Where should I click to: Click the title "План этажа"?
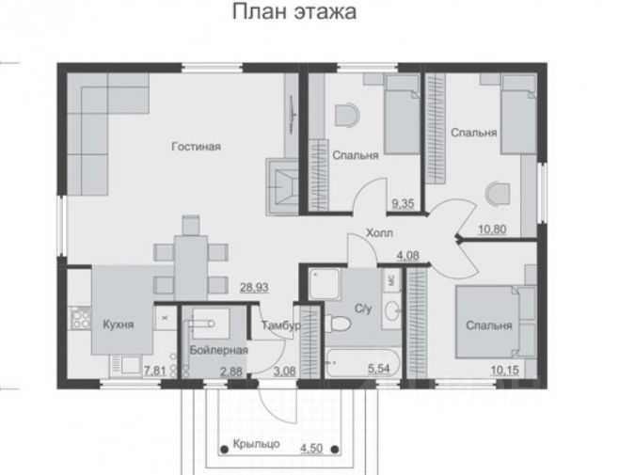coord(294,11)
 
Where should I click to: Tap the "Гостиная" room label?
coord(197,147)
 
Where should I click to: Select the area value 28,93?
coord(254,288)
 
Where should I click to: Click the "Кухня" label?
coord(118,325)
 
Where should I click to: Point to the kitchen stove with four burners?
coord(80,318)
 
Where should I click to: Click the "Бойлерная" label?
coord(218,350)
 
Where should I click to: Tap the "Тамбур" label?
coord(281,325)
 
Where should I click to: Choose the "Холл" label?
coord(379,233)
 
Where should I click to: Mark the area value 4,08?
coord(407,256)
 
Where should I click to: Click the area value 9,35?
coord(403,204)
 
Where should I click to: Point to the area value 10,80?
coord(492,229)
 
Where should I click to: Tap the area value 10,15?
coord(505,370)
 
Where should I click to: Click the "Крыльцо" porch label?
coord(256,444)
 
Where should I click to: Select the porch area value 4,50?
coord(311,449)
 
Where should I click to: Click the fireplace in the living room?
coord(282,186)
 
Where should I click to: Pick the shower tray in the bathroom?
coord(324,283)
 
